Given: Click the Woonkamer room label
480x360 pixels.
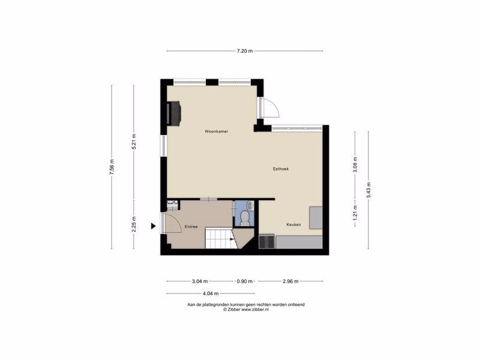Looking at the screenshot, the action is pos(217,131).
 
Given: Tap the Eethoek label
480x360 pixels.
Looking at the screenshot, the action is pos(281,169).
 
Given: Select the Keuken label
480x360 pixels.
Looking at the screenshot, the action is pos(293,224).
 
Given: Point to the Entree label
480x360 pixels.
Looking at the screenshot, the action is pos(191,227).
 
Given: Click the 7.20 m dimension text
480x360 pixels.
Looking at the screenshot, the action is pos(245,51).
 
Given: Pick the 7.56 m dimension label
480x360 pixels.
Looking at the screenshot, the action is pos(112,167).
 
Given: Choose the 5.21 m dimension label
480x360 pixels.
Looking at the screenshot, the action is pos(134,142).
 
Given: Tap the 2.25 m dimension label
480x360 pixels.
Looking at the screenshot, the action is pos(134,224).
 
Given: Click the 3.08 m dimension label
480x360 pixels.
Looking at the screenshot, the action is pos(355,164).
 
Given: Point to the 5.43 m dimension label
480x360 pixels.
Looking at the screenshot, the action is pos(368,190).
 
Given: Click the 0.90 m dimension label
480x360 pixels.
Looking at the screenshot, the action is pos(245,281).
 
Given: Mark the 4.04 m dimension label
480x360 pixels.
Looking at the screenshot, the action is pos(211,293).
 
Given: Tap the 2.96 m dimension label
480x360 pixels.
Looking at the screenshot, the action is pos(290,281).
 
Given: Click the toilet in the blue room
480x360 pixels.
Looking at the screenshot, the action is pos(245,218).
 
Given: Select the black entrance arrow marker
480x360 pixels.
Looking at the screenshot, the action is pos(154,226).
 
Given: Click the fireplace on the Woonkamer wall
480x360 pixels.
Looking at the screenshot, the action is pos(173,113).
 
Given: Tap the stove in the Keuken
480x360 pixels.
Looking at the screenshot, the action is pos(267,242).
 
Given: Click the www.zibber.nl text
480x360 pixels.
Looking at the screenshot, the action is pos(255,310).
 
